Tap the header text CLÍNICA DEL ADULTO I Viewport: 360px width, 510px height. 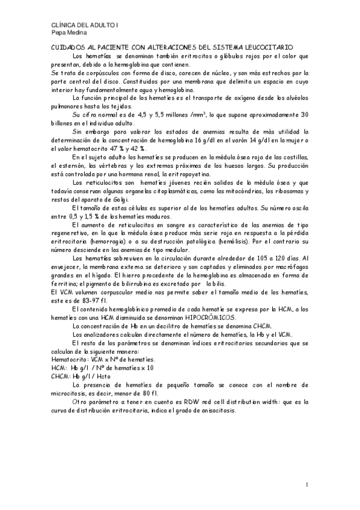[78, 25]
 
